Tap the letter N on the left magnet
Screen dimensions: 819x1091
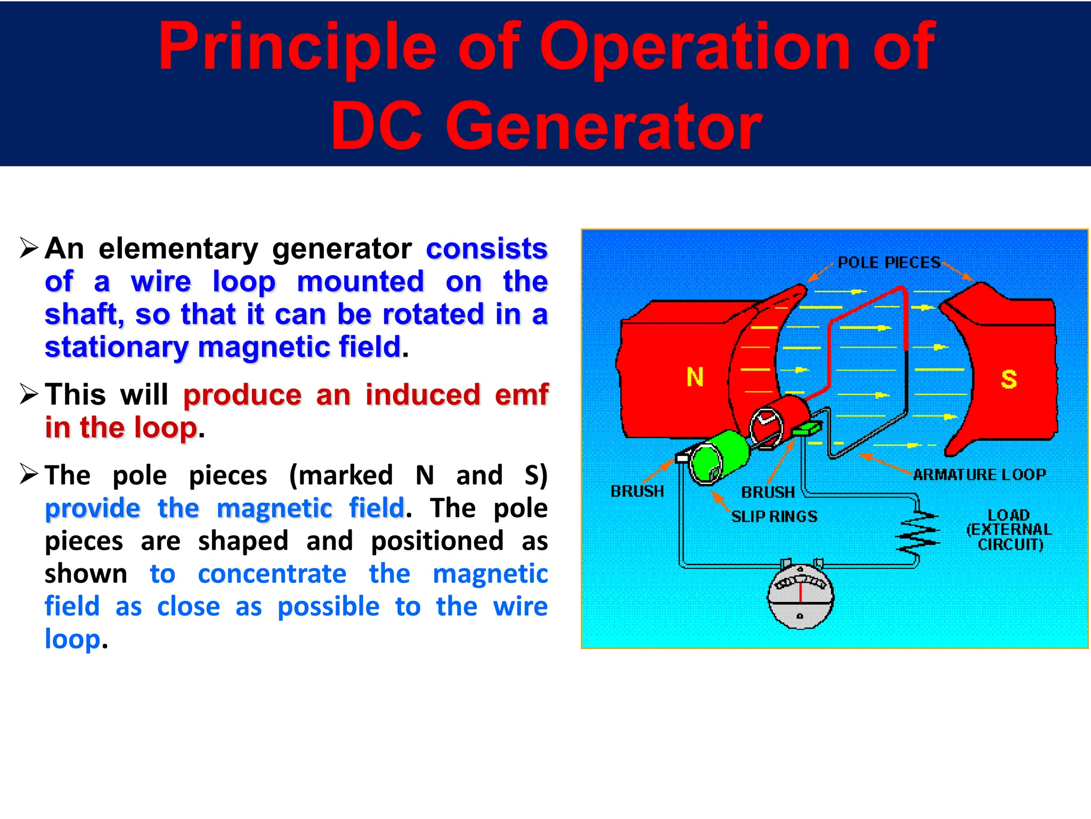[695, 377]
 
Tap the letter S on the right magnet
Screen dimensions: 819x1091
[1008, 380]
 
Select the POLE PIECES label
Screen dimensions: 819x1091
[889, 262]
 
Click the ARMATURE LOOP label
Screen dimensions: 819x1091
[979, 475]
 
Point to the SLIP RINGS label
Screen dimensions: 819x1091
[774, 516]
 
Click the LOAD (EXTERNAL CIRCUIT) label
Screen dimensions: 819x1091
[1009, 529]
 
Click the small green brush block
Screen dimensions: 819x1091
[807, 428]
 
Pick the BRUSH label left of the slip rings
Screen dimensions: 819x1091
[637, 491]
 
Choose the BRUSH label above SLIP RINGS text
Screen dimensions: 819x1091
[768, 492]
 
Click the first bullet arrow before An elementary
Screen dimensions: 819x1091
[29, 248]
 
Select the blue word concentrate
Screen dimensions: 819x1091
[272, 574]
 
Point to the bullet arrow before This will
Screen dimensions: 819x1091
[29, 394]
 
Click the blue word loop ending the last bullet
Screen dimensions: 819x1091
[72, 639]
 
